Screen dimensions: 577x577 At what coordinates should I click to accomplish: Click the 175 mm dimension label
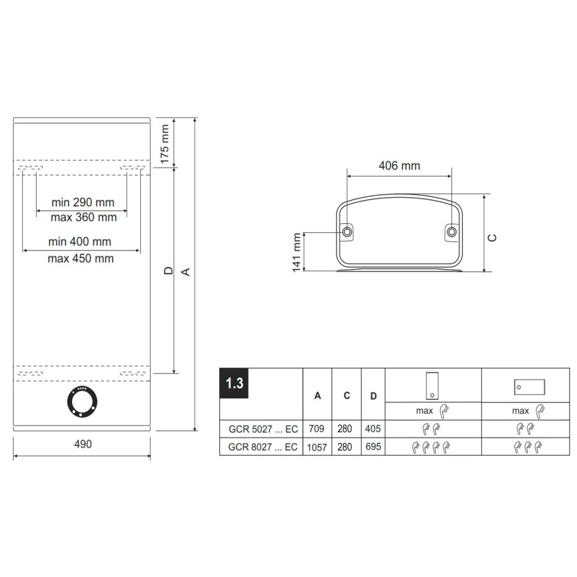(165, 144)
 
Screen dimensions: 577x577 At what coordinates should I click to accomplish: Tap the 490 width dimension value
(83, 444)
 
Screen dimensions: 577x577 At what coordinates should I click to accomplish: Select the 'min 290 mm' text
(83, 202)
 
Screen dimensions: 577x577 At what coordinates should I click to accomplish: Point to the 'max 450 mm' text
(81, 258)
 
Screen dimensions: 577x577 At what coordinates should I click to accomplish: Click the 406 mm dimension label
(400, 166)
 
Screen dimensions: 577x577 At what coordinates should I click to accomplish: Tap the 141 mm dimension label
(296, 252)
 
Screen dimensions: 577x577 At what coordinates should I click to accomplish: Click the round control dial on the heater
(82, 402)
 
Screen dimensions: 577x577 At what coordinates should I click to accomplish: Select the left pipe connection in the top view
(347, 232)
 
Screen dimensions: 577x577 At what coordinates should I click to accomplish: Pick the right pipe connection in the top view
(451, 232)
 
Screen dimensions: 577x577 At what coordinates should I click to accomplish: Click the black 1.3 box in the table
(234, 383)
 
